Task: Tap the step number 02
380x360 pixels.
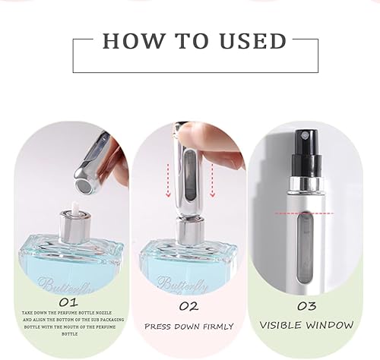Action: pyautogui.click(x=188, y=306)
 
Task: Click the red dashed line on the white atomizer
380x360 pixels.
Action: pyautogui.click(x=304, y=214)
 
